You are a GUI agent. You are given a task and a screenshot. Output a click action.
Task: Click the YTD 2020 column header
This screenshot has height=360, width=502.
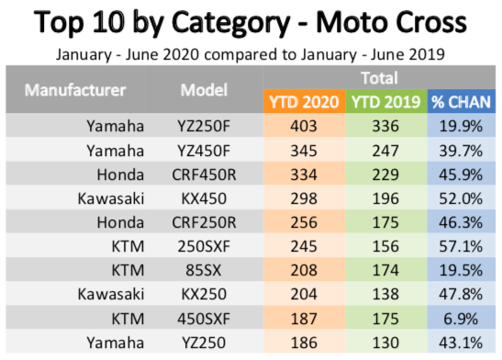(x=304, y=102)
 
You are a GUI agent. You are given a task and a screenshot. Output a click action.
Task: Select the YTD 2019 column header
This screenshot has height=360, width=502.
(x=385, y=102)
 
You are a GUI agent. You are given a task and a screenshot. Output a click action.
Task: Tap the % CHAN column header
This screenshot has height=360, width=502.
(x=461, y=102)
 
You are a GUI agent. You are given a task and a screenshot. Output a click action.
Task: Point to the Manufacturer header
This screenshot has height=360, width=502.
(x=75, y=90)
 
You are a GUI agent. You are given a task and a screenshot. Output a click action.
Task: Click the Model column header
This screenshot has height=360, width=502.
(x=204, y=90)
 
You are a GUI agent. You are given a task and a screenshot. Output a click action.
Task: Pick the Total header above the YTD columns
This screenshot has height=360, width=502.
(x=379, y=78)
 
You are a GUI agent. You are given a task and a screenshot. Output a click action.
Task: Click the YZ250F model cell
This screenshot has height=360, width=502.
(x=204, y=126)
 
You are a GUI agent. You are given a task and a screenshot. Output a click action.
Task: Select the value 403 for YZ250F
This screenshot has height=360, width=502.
(x=304, y=126)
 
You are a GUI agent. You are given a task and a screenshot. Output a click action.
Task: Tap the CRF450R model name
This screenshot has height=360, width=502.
(x=204, y=174)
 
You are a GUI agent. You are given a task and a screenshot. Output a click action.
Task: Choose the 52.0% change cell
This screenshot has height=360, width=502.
(x=461, y=198)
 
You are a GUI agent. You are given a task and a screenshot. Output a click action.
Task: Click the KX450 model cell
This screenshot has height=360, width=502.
(x=204, y=198)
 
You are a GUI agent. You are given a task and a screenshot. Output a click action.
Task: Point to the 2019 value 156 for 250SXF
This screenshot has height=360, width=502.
(x=385, y=247)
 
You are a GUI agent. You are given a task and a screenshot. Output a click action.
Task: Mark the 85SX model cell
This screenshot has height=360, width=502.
(x=204, y=270)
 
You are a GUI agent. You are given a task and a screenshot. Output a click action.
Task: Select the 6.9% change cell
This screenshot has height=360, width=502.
(x=461, y=319)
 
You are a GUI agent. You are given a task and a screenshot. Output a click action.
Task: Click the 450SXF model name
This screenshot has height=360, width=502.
(x=204, y=319)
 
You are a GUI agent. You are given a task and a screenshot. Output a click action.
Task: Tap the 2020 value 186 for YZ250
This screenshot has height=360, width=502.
(x=304, y=343)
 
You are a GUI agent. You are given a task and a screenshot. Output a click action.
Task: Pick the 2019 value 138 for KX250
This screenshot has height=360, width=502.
(x=385, y=294)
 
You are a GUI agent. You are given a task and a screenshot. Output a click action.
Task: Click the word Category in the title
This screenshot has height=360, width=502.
(x=230, y=23)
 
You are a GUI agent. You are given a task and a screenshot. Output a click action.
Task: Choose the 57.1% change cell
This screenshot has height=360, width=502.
(x=461, y=247)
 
